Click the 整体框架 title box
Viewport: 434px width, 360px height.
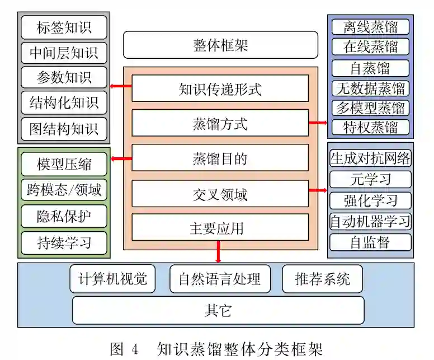click(220, 45)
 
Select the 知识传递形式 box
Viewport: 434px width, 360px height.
click(220, 88)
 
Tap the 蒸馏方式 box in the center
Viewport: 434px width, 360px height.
click(220, 123)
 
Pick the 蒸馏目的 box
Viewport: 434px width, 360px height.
click(220, 158)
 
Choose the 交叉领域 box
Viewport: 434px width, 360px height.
click(220, 194)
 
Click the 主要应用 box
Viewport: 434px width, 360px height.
click(220, 227)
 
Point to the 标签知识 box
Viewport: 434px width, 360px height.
click(64, 27)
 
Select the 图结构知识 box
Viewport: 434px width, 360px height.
click(64, 129)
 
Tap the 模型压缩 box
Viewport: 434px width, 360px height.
click(64, 165)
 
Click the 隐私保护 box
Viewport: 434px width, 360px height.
click(64, 216)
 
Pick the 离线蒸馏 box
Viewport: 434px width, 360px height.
click(370, 27)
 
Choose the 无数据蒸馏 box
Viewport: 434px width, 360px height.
click(370, 88)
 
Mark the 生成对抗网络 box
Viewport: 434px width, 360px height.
click(370, 158)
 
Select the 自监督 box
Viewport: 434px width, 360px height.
click(370, 242)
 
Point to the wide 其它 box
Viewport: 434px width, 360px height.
click(218, 310)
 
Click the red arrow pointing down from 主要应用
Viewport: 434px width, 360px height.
click(218, 252)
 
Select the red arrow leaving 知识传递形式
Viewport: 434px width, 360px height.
click(121, 86)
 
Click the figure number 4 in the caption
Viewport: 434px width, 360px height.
click(134, 349)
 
